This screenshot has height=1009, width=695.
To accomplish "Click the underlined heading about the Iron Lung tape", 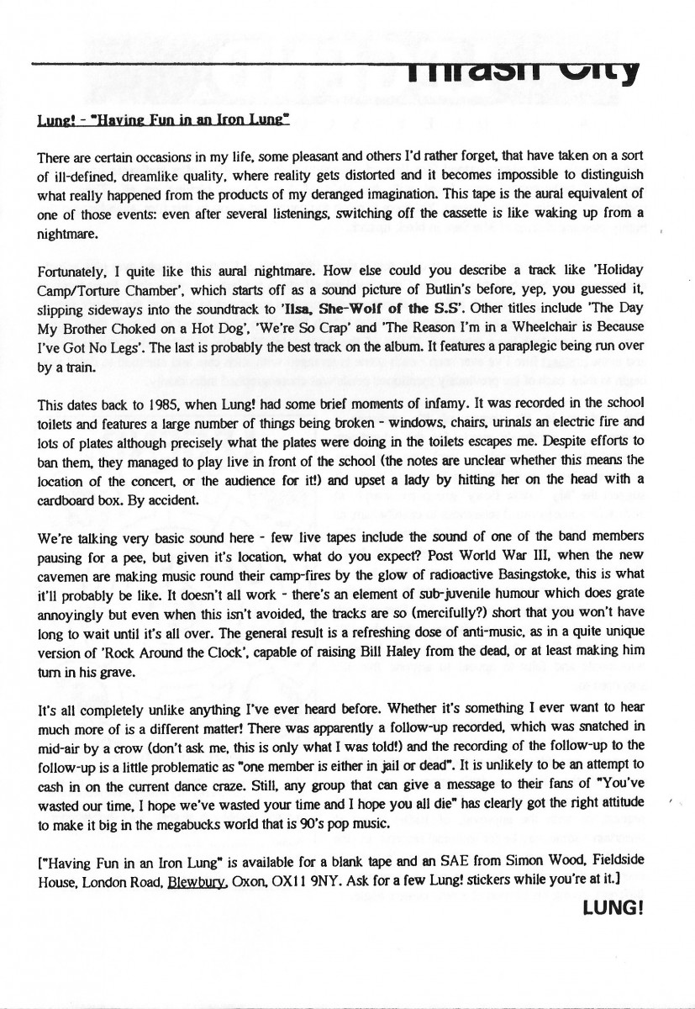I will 163,120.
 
